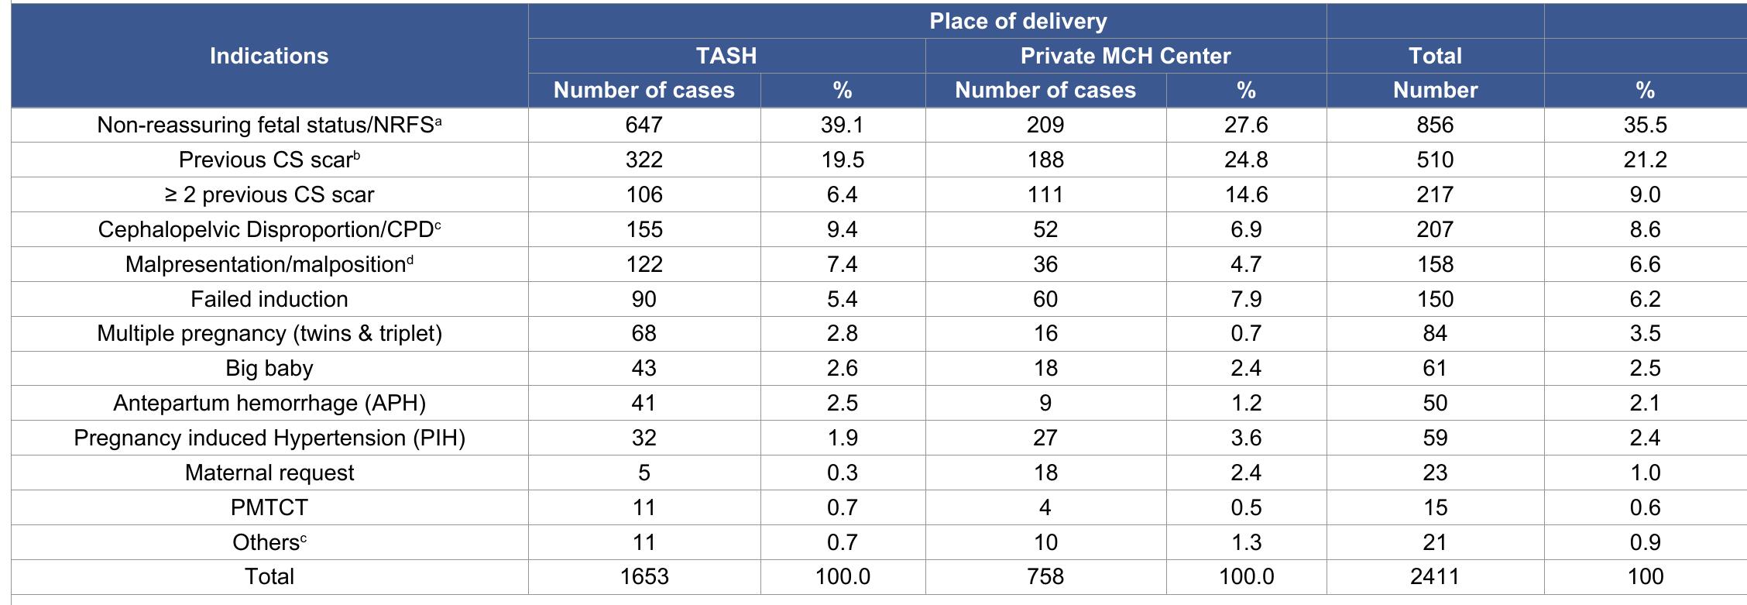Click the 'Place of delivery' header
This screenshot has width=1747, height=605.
pos(1018,22)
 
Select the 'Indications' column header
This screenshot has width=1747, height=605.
pos(269,56)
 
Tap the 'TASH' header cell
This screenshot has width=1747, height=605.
pos(726,56)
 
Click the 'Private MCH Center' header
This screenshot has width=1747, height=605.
pos(1124,56)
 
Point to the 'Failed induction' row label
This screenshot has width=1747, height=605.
pos(269,299)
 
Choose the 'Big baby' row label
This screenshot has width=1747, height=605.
pos(269,368)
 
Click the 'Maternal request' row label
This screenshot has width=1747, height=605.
pos(269,473)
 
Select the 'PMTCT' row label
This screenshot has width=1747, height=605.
pos(269,507)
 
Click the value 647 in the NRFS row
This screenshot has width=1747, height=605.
pos(644,125)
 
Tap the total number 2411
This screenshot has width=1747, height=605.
pos(1434,576)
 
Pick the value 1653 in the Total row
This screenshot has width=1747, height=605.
pos(644,576)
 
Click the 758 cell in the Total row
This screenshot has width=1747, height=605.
pos(1045,576)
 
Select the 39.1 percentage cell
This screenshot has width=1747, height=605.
pos(842,125)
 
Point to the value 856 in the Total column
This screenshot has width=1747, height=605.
pos(1434,125)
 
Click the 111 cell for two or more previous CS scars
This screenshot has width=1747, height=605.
pos(1045,194)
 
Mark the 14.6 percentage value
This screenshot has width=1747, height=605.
pos(1245,194)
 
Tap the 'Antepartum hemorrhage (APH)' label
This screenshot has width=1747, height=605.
pos(269,403)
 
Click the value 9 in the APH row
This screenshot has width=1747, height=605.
pos(1045,403)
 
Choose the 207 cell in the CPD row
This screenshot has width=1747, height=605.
pos(1434,229)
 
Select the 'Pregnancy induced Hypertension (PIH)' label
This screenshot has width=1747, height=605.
pos(269,438)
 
